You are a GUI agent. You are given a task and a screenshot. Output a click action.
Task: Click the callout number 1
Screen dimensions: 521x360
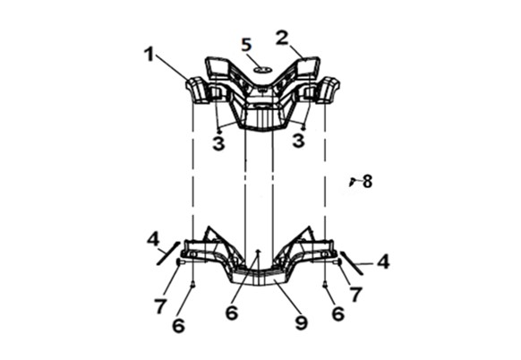pos(149,55)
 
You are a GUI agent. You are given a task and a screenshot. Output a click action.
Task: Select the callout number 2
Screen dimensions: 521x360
pos(282,38)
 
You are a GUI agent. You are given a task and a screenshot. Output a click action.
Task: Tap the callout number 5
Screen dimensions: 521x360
pos(246,45)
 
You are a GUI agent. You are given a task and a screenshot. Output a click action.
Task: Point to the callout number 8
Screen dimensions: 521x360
pos(367,182)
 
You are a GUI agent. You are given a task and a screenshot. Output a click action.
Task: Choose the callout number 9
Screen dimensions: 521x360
pos(302,322)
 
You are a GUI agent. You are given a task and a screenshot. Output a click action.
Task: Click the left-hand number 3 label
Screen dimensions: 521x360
pos(218,143)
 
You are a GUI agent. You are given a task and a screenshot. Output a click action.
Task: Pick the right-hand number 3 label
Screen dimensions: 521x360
pos(298,141)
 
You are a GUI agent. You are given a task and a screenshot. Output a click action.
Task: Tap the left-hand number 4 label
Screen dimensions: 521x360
pos(153,239)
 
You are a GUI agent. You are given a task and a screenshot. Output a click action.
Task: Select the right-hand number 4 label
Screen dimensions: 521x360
pos(383,261)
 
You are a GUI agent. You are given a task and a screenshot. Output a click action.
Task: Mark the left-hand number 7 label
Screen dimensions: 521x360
pos(160,306)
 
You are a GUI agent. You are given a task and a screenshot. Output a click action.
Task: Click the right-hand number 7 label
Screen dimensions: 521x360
pos(355,295)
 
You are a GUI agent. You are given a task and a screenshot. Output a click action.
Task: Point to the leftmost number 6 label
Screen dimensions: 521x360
pos(178,326)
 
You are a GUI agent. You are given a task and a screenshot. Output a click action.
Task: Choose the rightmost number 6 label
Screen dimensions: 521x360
pos(337,313)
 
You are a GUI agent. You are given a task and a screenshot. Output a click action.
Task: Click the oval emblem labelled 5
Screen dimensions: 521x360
pos(263,70)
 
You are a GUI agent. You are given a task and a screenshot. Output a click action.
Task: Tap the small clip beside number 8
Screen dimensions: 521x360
pos(352,182)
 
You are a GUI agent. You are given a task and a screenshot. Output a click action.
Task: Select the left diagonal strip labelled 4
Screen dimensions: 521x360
pos(168,253)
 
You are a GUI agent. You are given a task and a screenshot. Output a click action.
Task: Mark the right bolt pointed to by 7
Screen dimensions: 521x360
pos(337,262)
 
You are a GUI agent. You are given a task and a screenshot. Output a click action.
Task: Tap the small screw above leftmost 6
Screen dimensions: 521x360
pos(192,284)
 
